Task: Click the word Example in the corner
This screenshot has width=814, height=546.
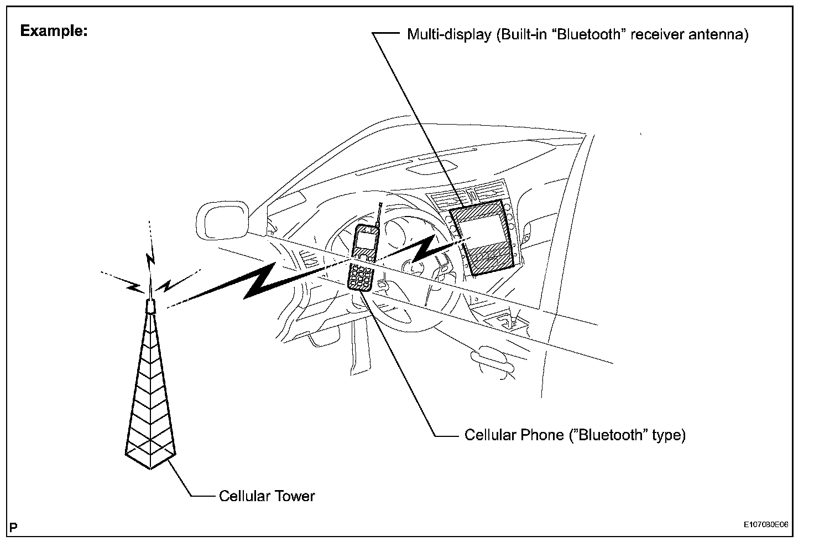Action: (x=53, y=31)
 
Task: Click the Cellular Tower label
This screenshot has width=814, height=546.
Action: (x=267, y=496)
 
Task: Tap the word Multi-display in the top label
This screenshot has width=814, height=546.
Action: (x=449, y=35)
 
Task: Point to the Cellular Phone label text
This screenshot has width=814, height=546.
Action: (x=575, y=435)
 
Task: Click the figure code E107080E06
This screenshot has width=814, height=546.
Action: (x=765, y=524)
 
